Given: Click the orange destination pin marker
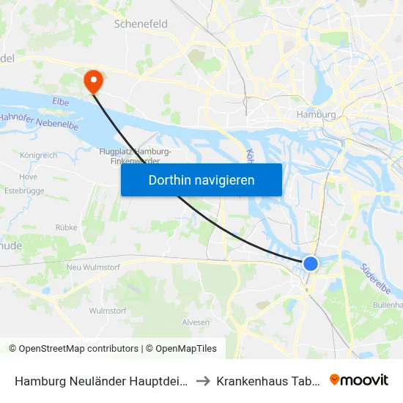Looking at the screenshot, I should (x=94, y=81).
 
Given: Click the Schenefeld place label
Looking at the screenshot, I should (x=141, y=24).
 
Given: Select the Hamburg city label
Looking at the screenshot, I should (x=316, y=115).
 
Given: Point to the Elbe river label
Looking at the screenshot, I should (x=61, y=103).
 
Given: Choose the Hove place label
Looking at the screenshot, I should (x=29, y=177).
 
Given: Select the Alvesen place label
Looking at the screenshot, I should (x=196, y=322).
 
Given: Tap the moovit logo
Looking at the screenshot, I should (x=359, y=380).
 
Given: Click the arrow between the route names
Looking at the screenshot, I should (x=203, y=381).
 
